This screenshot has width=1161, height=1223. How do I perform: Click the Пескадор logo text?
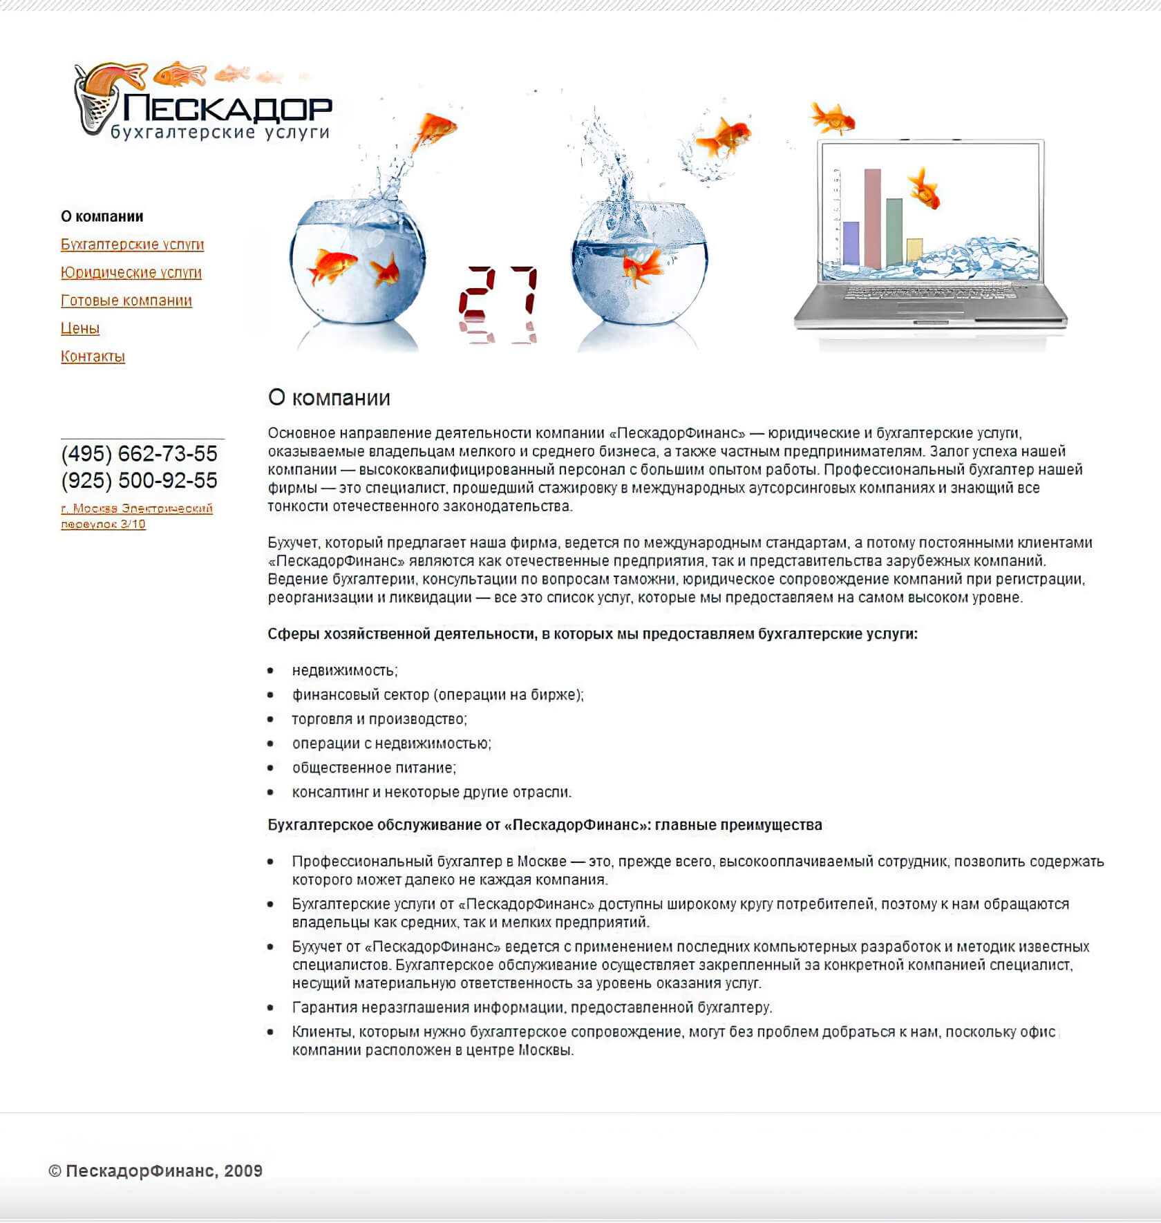227,108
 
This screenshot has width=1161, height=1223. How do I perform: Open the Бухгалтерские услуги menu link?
132,245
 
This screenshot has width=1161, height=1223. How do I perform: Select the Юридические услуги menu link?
131,272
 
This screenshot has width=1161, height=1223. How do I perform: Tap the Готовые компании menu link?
126,301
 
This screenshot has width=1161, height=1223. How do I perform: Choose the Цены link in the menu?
80,328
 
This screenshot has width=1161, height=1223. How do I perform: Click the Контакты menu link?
93,357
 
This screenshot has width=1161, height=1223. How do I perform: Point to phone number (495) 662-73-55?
139,454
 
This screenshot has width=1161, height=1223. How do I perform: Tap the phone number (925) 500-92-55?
139,480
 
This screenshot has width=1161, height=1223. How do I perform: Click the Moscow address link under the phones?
136,516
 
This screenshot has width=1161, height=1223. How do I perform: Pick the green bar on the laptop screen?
894,231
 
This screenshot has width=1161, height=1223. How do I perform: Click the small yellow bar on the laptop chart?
914,249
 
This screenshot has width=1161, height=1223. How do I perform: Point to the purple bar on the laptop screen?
851,243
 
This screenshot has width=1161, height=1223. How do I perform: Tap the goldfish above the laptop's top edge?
833,118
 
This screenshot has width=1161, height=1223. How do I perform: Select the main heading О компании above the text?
329,398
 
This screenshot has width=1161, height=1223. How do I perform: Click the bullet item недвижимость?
344,670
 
